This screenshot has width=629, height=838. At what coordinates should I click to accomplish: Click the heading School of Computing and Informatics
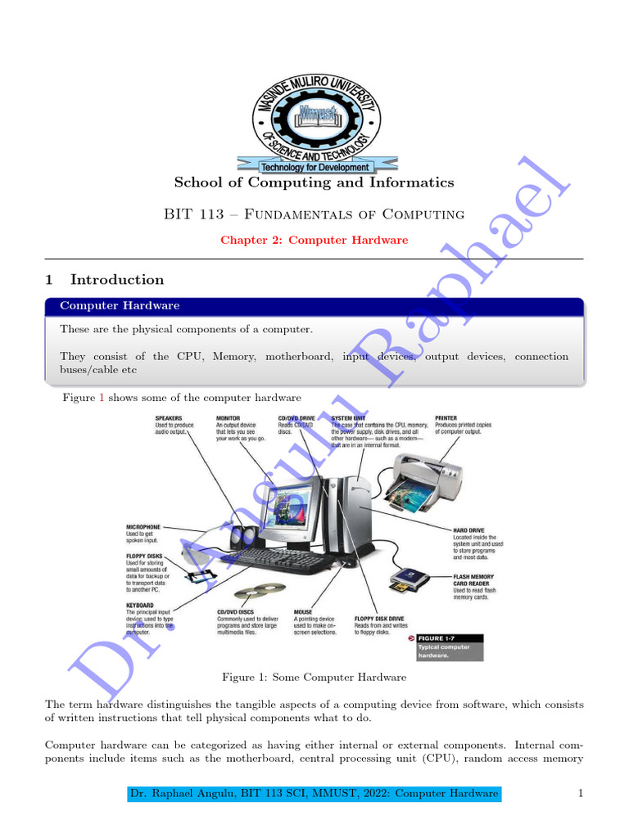(314, 182)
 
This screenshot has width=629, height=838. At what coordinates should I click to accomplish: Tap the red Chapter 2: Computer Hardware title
(314, 240)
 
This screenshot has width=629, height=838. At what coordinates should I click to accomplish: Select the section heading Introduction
(117, 280)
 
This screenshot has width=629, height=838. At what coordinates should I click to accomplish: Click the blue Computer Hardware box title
(120, 306)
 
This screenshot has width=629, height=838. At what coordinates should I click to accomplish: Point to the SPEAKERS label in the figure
(170, 418)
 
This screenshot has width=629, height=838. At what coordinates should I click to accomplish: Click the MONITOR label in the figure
(229, 418)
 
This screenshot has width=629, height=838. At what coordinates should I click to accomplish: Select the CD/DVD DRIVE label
(296, 418)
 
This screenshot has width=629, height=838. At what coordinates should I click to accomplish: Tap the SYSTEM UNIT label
(348, 418)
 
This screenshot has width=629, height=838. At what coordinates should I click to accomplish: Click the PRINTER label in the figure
(446, 418)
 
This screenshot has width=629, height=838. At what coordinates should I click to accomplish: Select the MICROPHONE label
(143, 527)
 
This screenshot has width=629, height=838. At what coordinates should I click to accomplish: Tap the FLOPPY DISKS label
(144, 556)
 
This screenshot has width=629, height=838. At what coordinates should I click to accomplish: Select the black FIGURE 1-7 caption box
(448, 647)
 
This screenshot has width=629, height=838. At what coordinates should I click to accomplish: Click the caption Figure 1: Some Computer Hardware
(314, 678)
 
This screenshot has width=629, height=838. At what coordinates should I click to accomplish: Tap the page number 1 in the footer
(580, 794)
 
